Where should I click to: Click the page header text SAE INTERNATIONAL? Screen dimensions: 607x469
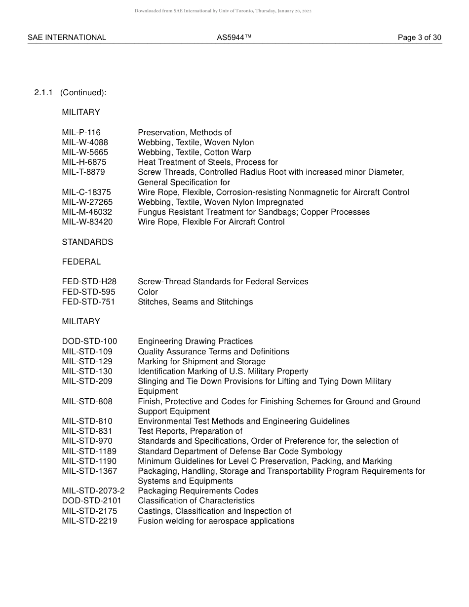[67, 38]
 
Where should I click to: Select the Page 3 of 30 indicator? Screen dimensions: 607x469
[420, 38]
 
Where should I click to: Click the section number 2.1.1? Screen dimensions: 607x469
[43, 92]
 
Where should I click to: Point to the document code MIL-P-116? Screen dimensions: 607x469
[81, 132]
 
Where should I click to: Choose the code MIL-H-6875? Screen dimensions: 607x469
[84, 162]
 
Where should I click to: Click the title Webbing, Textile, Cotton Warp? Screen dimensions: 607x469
[194, 152]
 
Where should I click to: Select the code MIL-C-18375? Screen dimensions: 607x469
[86, 192]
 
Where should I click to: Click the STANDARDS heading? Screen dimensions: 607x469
[87, 242]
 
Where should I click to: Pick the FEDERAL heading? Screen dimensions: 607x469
[81, 262]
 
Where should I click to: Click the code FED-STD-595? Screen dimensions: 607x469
[88, 292]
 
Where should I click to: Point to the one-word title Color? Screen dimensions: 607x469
[148, 292]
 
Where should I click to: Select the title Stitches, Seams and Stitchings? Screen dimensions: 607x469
[195, 302]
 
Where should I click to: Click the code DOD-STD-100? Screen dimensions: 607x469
[89, 341]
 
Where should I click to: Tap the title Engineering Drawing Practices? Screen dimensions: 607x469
[195, 341]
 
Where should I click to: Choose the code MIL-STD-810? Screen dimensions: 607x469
[87, 421]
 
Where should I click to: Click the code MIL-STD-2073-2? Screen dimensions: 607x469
[93, 491]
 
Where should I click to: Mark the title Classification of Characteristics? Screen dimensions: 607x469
[196, 500]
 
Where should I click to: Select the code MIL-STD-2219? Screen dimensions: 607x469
[89, 521]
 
